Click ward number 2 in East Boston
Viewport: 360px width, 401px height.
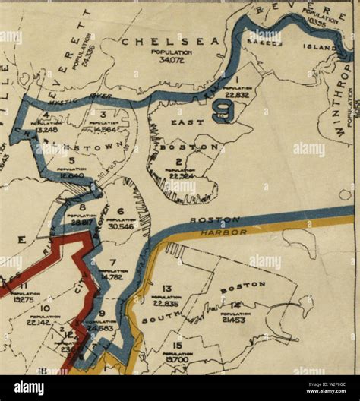[178, 161]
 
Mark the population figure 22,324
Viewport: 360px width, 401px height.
[182, 176]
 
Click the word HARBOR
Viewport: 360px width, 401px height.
[225, 232]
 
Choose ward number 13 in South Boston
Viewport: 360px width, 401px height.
[167, 288]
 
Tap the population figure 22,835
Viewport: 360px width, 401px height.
[166, 303]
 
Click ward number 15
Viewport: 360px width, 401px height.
[176, 344]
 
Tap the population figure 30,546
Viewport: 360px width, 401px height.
[121, 226]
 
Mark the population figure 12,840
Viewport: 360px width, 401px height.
[71, 175]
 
